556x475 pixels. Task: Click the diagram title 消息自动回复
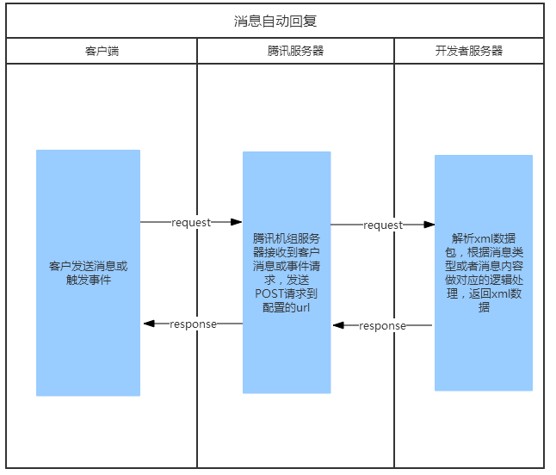(x=275, y=21)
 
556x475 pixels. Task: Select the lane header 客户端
(x=102, y=51)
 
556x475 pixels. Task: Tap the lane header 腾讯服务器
(x=295, y=51)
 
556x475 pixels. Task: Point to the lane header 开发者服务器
(x=469, y=51)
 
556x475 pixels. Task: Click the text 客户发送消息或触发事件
(x=88, y=273)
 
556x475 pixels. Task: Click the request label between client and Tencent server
(x=191, y=222)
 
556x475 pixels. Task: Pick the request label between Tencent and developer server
(x=383, y=225)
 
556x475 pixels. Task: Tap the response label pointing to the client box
(x=193, y=324)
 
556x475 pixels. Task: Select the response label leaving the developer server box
(x=382, y=325)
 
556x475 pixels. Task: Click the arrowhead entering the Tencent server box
(x=237, y=222)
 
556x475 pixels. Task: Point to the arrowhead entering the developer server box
(x=429, y=225)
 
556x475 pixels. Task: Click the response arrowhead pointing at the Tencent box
(x=338, y=325)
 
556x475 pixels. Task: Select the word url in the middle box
(x=302, y=307)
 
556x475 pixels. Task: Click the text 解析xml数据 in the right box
(x=484, y=237)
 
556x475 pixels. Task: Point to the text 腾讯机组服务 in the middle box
(x=287, y=238)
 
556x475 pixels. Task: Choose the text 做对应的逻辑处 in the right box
(x=484, y=279)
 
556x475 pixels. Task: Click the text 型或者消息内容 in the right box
(x=484, y=265)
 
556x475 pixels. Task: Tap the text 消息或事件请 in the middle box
(x=287, y=266)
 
